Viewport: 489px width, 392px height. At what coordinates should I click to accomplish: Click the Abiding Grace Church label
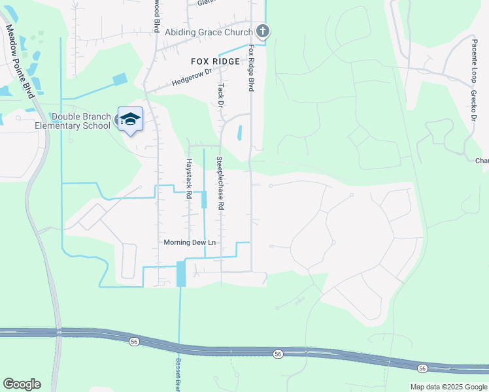pyautogui.click(x=209, y=32)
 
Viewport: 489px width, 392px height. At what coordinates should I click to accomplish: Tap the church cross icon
pyautogui.click(x=262, y=31)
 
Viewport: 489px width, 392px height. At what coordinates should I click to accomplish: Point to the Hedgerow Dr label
pyautogui.click(x=192, y=78)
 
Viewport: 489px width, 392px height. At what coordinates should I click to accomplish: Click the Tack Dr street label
pyautogui.click(x=221, y=95)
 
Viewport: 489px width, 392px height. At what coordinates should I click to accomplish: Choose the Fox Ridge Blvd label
pyautogui.click(x=250, y=68)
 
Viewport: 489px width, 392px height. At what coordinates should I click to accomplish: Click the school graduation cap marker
pyautogui.click(x=130, y=118)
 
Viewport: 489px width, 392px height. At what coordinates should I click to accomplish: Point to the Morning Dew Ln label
pyautogui.click(x=190, y=242)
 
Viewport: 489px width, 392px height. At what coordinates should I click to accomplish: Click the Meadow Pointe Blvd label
pyautogui.click(x=20, y=61)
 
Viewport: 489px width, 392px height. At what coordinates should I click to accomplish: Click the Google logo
pyautogui.click(x=22, y=384)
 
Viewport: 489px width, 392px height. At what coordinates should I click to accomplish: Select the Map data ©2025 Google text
pyautogui.click(x=448, y=387)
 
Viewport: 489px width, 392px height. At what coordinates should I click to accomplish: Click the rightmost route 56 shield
pyautogui.click(x=422, y=368)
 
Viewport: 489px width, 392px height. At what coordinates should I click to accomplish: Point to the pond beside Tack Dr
pyautogui.click(x=239, y=133)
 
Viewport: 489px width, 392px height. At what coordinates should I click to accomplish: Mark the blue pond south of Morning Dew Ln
pyautogui.click(x=181, y=274)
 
